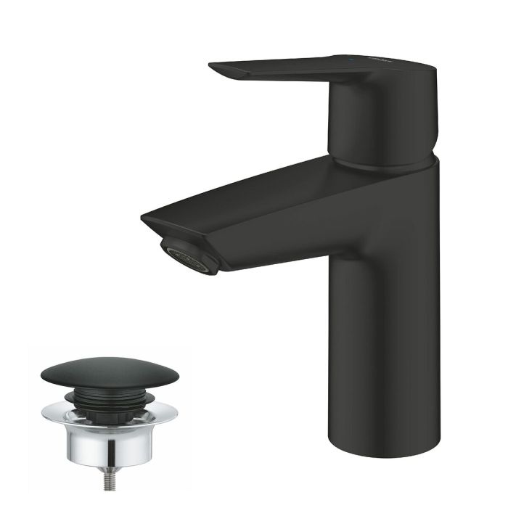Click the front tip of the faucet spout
145,217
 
